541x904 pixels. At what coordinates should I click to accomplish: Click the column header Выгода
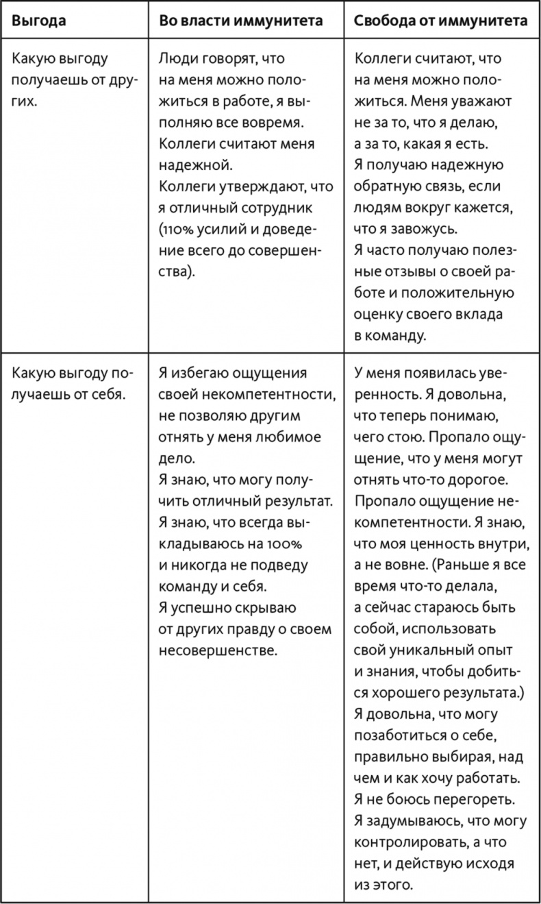coord(39,21)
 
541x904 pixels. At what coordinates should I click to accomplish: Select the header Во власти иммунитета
coord(240,21)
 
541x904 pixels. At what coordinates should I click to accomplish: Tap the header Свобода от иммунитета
coord(440,21)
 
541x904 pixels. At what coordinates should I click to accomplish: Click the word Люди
coord(175,59)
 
